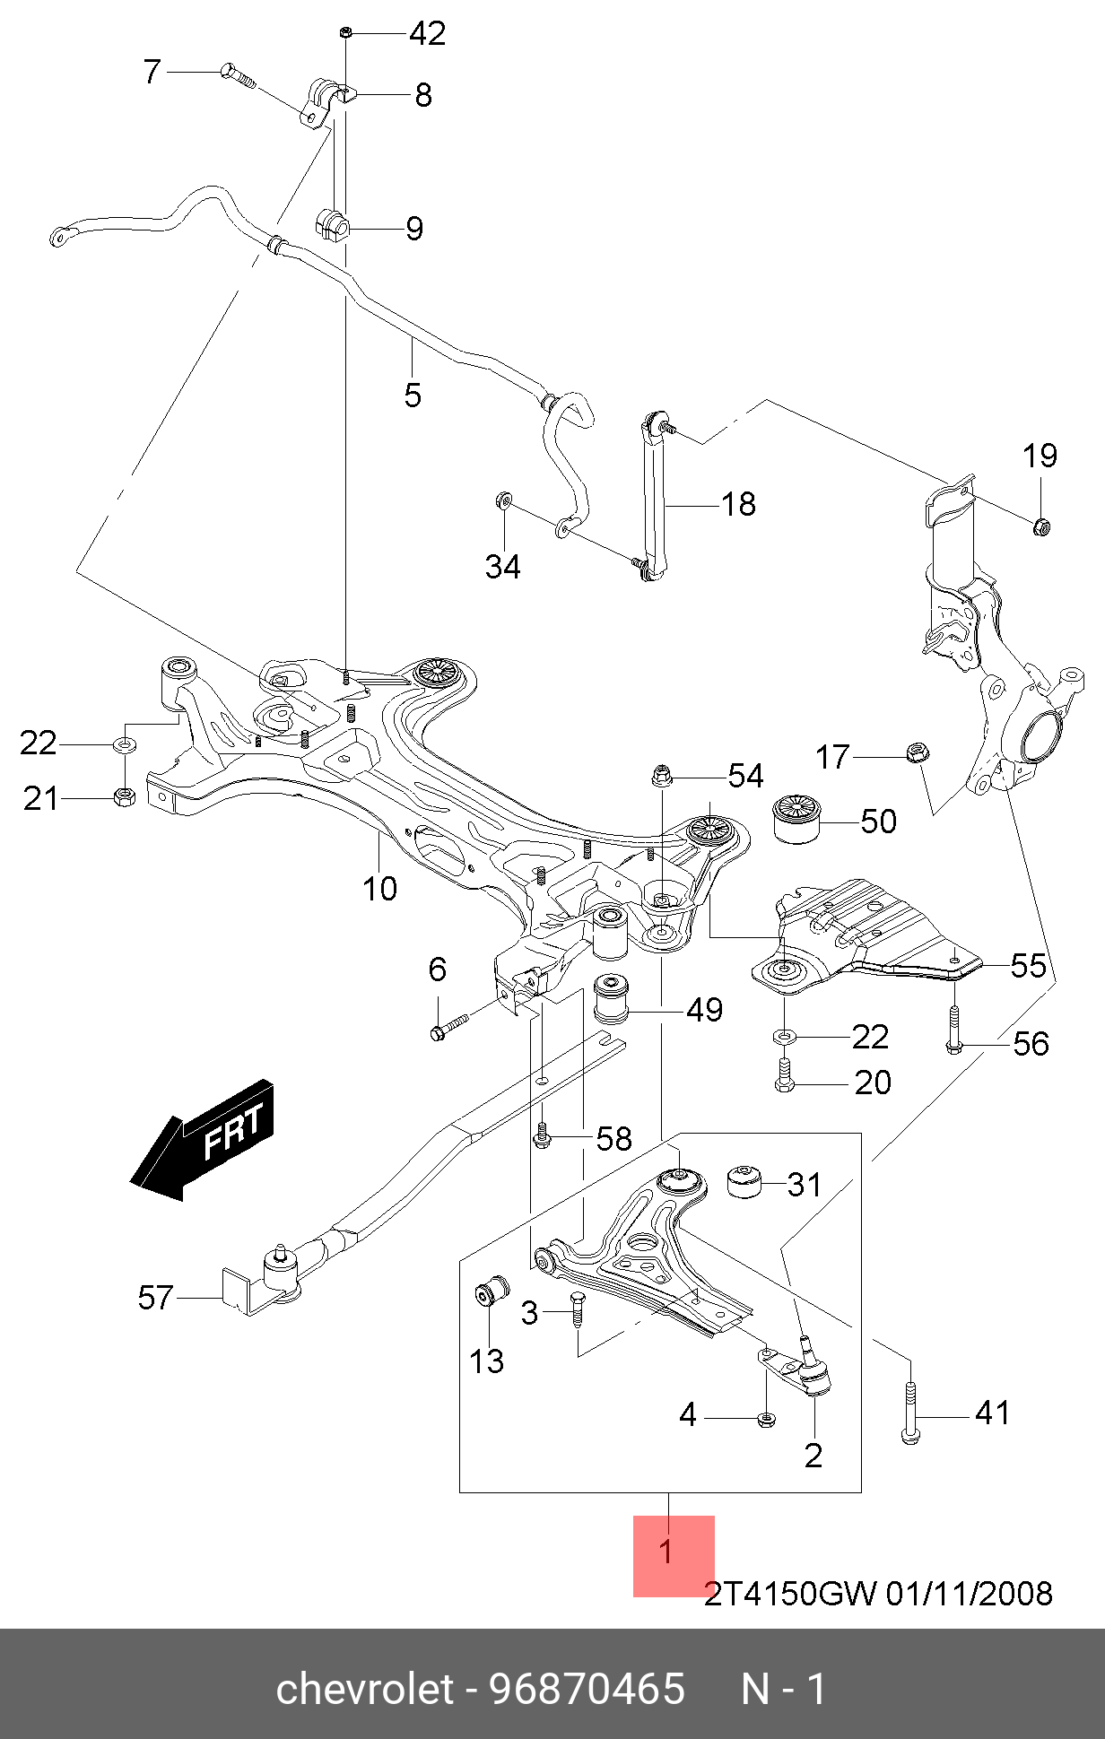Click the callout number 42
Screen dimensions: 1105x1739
coord(428,34)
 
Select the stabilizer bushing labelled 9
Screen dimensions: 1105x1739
coord(331,225)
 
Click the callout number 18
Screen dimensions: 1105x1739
coord(739,504)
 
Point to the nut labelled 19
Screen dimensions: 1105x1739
coord(1041,526)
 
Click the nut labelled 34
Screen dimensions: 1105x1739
coord(503,499)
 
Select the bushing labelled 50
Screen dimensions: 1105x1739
coord(796,818)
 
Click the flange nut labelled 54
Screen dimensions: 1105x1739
coord(661,776)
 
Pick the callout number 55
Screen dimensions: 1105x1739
coord(1029,966)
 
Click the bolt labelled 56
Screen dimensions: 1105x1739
coord(954,1030)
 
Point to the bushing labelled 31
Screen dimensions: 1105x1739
coord(744,1182)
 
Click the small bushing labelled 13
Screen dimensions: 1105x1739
coord(491,1291)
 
